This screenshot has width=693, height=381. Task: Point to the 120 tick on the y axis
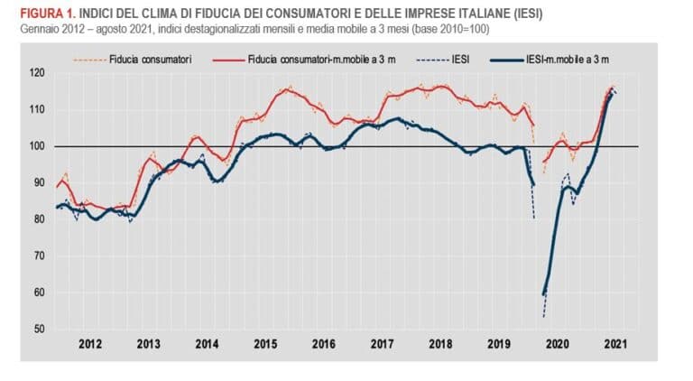click(x=37, y=72)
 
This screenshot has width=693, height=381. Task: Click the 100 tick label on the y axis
click(x=37, y=145)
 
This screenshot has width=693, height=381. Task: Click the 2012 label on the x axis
click(x=89, y=343)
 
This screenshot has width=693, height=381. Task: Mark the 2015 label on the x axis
click(x=265, y=343)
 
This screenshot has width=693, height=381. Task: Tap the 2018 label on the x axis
click(x=441, y=343)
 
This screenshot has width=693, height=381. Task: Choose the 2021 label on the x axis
click(x=617, y=343)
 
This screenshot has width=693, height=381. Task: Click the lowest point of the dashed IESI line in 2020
click(x=544, y=317)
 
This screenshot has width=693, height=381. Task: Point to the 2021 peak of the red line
click(x=613, y=87)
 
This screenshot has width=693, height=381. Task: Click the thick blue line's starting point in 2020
click(x=543, y=294)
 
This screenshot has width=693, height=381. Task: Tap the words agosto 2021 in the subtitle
click(x=109, y=29)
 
